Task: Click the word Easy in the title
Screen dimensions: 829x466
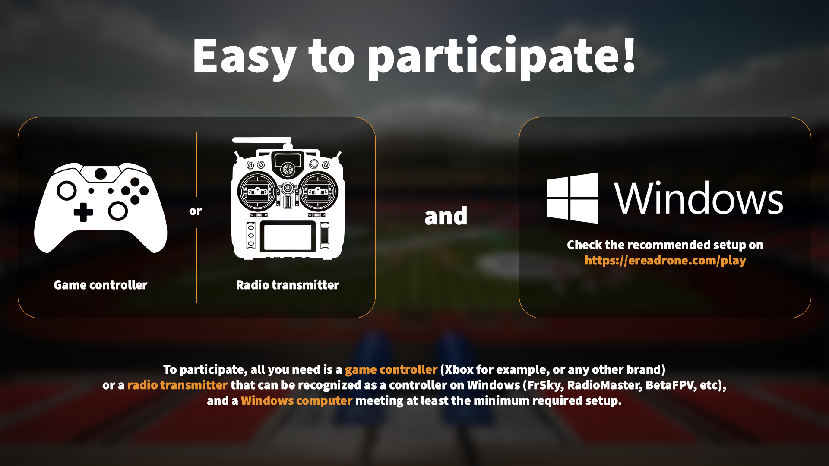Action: pyautogui.click(x=244, y=56)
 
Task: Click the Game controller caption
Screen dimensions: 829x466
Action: pyautogui.click(x=101, y=285)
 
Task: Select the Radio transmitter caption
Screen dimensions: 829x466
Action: pyautogui.click(x=288, y=285)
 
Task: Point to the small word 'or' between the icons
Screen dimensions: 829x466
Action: pyautogui.click(x=196, y=211)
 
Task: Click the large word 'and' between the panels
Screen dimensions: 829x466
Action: pyautogui.click(x=446, y=216)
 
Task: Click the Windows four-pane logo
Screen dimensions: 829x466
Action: pyautogui.click(x=573, y=198)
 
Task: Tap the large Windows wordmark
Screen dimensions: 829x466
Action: pyautogui.click(x=699, y=198)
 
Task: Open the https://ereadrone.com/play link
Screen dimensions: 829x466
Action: pyautogui.click(x=665, y=261)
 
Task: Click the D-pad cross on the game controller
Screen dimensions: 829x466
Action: pyautogui.click(x=83, y=212)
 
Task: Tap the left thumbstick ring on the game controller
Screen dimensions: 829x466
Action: pyautogui.click(x=67, y=190)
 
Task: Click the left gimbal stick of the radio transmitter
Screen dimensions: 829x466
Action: pyautogui.click(x=258, y=191)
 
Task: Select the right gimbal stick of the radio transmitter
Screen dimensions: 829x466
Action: pyautogui.click(x=318, y=191)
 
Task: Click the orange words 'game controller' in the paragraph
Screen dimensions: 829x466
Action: pyautogui.click(x=391, y=370)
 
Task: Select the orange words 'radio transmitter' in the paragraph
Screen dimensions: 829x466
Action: pyautogui.click(x=177, y=385)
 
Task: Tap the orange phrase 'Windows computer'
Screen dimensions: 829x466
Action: pyautogui.click(x=297, y=401)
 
